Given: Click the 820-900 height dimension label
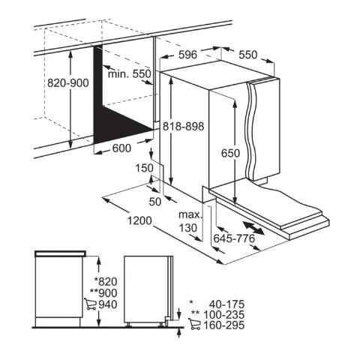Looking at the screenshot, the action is [x=68, y=83].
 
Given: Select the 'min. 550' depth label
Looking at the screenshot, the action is [x=130, y=73].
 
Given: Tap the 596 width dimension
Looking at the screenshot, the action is [x=187, y=55].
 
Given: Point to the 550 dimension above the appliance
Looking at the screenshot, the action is [x=247, y=55].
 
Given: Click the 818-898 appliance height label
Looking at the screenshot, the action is [x=184, y=126].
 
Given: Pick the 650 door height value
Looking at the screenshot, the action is [x=230, y=153].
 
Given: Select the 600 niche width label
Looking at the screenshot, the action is [x=121, y=148].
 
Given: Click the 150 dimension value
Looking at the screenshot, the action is [x=145, y=168].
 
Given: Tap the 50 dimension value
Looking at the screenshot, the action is [x=155, y=202].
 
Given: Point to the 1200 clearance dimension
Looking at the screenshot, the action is [x=139, y=220].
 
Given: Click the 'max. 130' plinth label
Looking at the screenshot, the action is [x=190, y=221].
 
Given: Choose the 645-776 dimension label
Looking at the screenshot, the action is [x=234, y=238].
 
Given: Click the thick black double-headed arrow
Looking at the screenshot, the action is [x=253, y=227].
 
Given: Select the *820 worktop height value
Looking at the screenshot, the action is [x=106, y=282].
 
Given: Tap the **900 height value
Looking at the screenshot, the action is [x=103, y=293].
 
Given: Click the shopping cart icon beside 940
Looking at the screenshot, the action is [x=90, y=304].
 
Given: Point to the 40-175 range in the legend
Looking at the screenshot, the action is [x=226, y=304].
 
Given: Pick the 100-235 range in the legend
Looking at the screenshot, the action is [x=224, y=315].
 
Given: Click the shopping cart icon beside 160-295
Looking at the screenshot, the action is [x=194, y=324].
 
